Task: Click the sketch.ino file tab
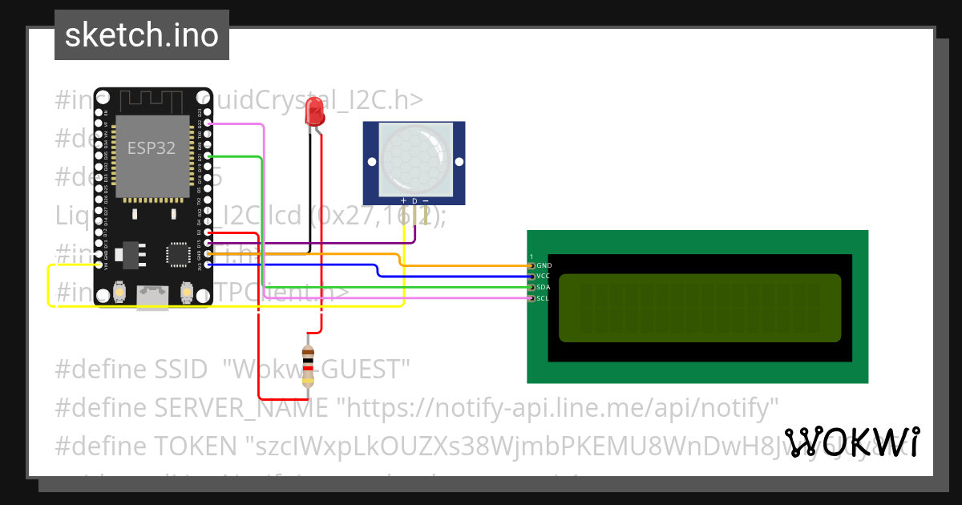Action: click(x=141, y=35)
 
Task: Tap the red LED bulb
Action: click(x=314, y=111)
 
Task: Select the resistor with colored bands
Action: click(x=307, y=366)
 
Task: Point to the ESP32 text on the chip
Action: click(x=152, y=148)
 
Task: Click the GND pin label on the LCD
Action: click(x=544, y=265)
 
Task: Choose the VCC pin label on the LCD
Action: click(x=543, y=276)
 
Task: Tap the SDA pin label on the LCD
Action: click(x=543, y=287)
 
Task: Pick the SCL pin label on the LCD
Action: click(x=543, y=298)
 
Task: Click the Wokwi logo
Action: click(x=852, y=442)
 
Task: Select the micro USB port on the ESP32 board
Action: click(x=152, y=296)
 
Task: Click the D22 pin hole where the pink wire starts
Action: click(x=208, y=124)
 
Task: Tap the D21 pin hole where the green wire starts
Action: click(x=208, y=156)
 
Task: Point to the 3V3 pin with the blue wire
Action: click(x=208, y=265)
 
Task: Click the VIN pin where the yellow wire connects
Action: click(x=99, y=265)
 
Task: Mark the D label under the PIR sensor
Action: click(x=414, y=200)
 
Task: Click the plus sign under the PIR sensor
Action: click(x=403, y=200)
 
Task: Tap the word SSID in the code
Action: click(x=184, y=370)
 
